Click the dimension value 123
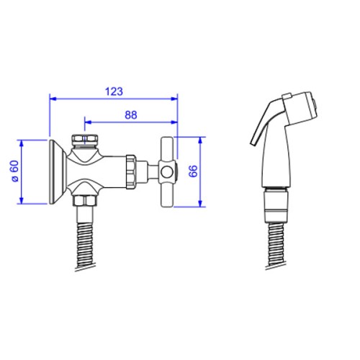point(114,91)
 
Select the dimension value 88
point(131,115)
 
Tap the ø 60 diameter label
point(15,171)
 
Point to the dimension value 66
point(193,171)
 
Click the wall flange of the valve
point(57,171)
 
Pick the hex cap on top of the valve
point(85,140)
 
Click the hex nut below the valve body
point(85,201)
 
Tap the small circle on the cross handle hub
point(166,172)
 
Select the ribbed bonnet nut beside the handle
point(131,172)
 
